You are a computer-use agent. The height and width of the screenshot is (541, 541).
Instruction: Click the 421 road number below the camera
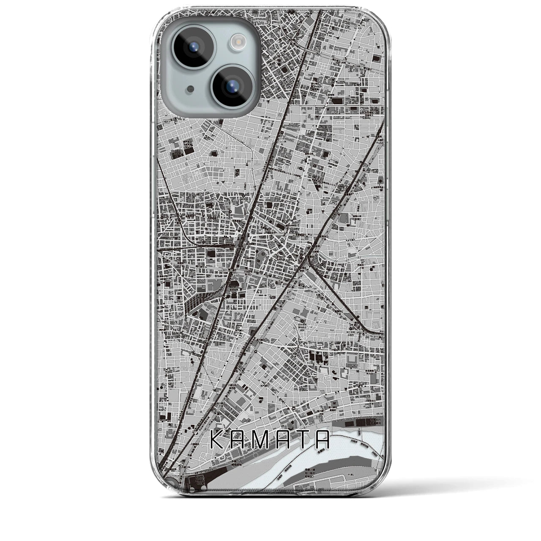tap(168, 121)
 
